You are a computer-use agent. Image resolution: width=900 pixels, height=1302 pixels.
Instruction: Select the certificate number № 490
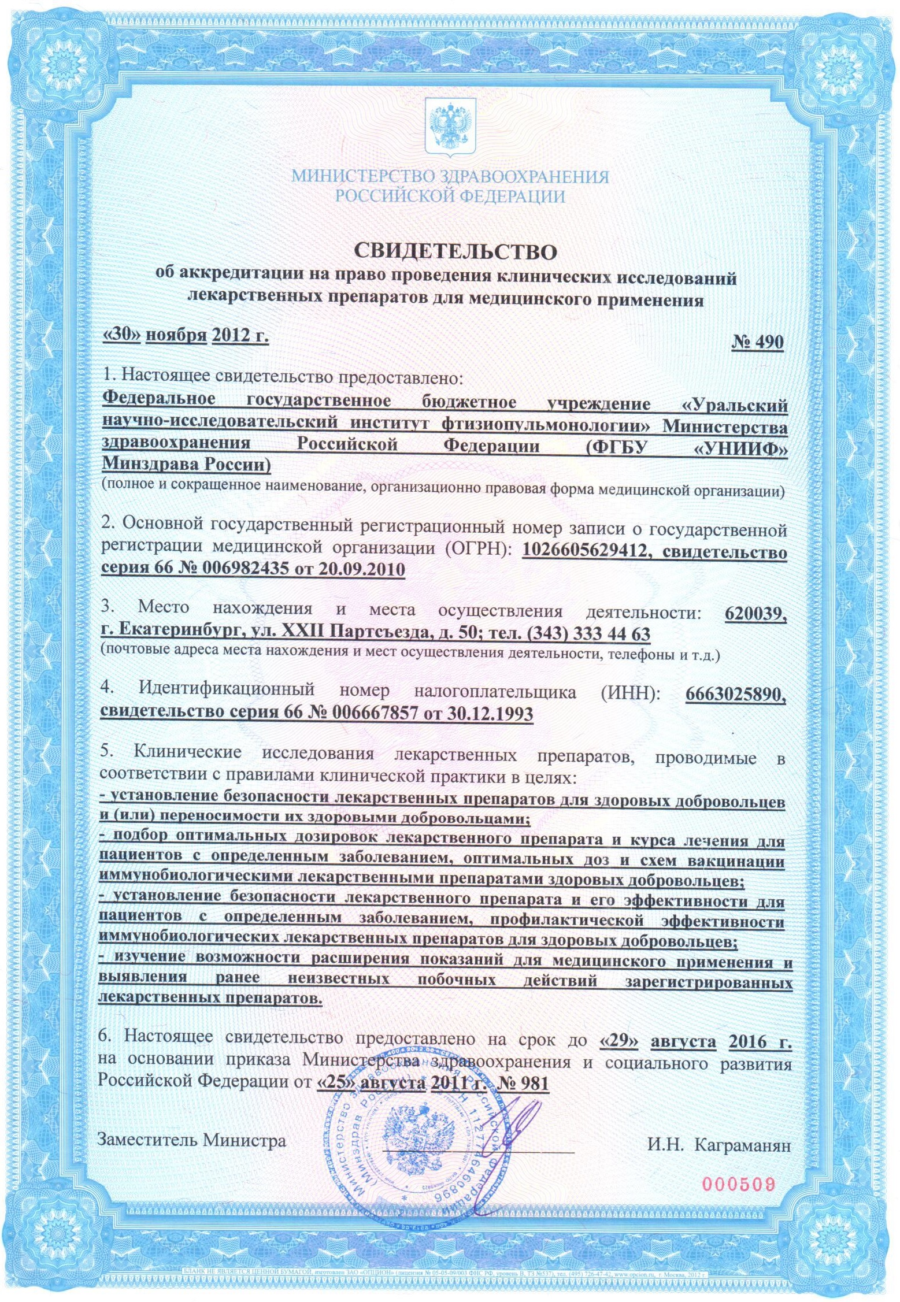[757, 342]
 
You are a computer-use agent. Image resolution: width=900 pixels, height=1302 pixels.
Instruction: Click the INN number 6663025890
[735, 693]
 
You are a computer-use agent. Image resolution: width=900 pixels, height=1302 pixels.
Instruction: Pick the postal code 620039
[755, 613]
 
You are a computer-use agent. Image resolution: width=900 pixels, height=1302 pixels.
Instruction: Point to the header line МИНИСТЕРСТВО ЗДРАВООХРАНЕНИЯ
[450, 176]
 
